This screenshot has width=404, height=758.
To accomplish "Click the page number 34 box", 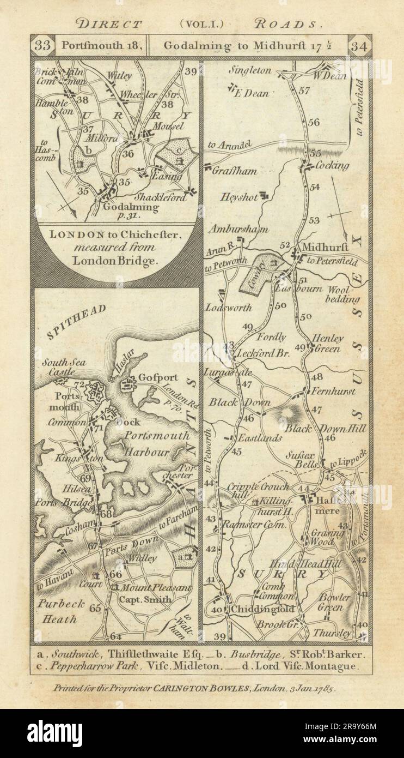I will pyautogui.click(x=360, y=45).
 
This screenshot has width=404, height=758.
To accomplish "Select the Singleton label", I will pyautogui.click(x=249, y=70).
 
